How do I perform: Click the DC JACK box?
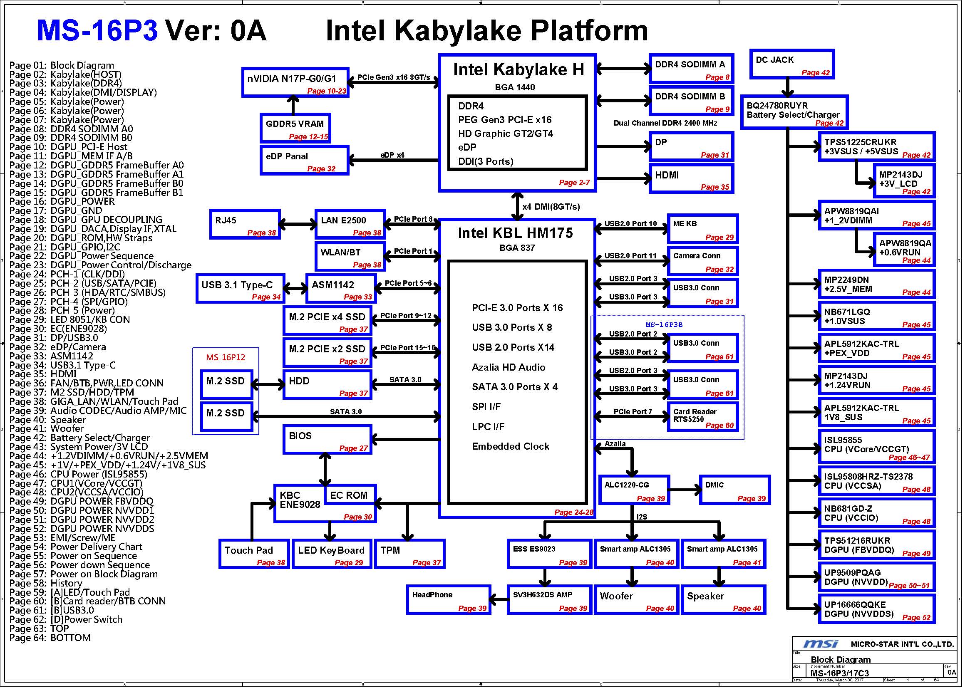792,64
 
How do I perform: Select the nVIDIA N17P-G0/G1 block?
295,82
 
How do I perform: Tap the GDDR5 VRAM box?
295,128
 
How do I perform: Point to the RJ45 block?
245,224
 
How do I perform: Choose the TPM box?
409,554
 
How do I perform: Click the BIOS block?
327,439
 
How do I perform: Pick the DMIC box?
734,490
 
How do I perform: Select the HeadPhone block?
448,599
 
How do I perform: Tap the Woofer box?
637,599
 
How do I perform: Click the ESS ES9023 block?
549,554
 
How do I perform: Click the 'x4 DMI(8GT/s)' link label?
551,207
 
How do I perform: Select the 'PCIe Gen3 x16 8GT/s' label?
393,77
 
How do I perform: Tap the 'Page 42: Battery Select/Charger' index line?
79,438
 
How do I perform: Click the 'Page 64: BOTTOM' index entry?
50,638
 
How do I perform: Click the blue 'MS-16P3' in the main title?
97,30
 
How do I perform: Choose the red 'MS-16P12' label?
226,357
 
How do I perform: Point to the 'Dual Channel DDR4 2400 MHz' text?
665,123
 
